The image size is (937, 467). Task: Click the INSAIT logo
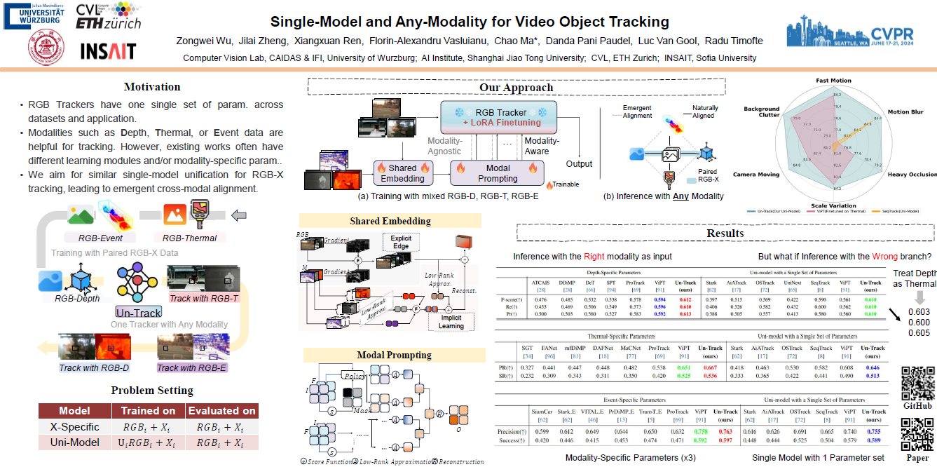click(108, 51)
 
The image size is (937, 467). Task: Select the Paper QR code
click(917, 433)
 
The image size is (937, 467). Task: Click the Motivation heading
click(152, 87)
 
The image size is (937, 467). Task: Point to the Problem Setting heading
click(152, 391)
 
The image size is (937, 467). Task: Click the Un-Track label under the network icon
click(139, 312)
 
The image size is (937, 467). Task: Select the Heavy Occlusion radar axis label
click(911, 174)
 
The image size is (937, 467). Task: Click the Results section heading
click(725, 233)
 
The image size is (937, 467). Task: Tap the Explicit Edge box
click(401, 243)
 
